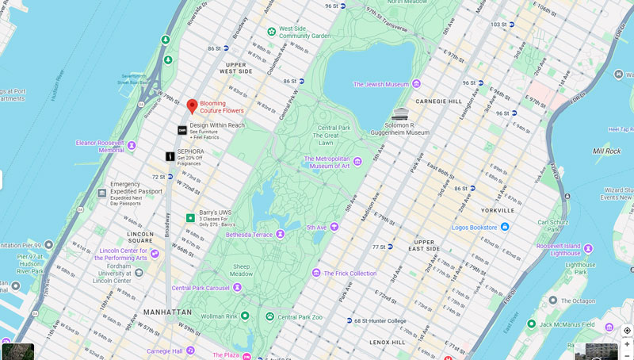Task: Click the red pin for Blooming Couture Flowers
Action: click(192, 106)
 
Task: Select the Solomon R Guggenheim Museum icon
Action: click(400, 114)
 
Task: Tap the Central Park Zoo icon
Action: click(270, 316)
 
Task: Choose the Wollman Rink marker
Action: click(245, 316)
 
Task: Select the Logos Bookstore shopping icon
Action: click(505, 227)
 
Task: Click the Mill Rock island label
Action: click(607, 150)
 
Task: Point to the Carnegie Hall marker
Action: click(190, 350)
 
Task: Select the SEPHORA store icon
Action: click(170, 157)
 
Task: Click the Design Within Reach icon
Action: click(182, 130)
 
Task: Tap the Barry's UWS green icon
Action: click(190, 217)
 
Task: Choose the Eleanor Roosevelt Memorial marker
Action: click(132, 146)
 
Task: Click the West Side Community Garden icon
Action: click(272, 32)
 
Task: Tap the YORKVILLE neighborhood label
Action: click(497, 211)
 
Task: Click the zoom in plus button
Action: click(627, 344)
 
